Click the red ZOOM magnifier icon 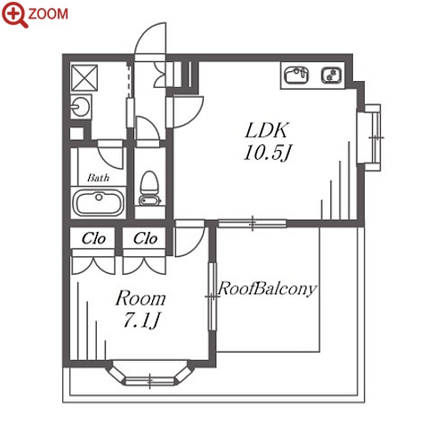14,14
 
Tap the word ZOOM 48,14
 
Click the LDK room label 266,131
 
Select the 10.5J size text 266,153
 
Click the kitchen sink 296,75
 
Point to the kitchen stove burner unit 331,75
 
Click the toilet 149,188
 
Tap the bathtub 98,203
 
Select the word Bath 98,178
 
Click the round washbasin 80,106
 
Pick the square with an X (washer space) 85,77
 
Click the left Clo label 93,238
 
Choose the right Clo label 145,238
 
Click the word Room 141,298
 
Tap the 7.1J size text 141,320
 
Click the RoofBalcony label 267,288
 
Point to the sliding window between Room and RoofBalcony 213,296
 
